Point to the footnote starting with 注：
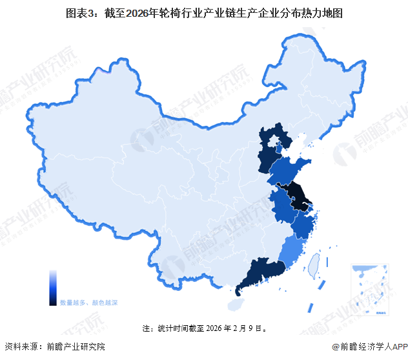click(x=204, y=328)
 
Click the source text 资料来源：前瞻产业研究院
click(x=54, y=348)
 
